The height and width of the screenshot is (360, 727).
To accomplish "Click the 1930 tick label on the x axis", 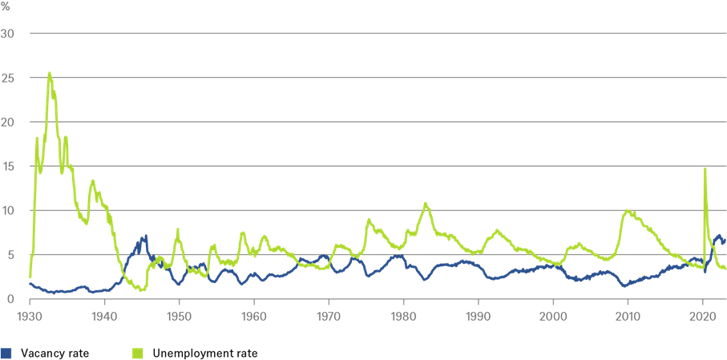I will [x=30, y=315].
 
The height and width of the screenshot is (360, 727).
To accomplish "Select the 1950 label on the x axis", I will [x=179, y=315].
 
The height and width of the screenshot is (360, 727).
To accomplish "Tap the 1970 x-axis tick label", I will [x=329, y=315].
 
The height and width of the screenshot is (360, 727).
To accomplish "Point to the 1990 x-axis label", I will [x=479, y=315].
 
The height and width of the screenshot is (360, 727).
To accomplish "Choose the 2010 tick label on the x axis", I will [x=628, y=315].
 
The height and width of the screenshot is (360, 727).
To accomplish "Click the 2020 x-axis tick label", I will [x=703, y=315].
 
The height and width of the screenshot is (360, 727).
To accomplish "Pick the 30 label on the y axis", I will [x=13, y=34].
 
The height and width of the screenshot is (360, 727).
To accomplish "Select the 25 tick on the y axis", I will [x=13, y=78].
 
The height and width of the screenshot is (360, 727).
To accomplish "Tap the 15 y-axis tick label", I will [x=13, y=166].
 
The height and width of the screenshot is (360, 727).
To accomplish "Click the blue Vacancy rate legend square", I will [x=6, y=352].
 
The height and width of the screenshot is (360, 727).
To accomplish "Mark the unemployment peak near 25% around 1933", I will [x=50, y=73].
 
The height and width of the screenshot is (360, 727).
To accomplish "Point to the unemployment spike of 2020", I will [x=705, y=168].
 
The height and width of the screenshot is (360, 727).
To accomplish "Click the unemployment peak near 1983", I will [x=426, y=203].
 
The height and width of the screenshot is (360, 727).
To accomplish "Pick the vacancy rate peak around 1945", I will [x=146, y=236].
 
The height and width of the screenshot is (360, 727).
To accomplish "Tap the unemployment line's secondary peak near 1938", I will [x=93, y=180].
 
